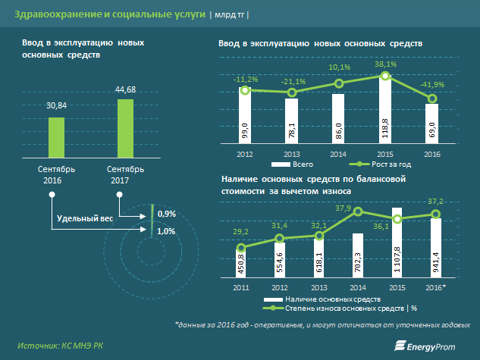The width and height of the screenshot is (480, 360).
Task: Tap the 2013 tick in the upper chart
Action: [x=291, y=155]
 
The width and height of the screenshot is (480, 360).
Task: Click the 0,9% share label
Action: [x=167, y=213]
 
